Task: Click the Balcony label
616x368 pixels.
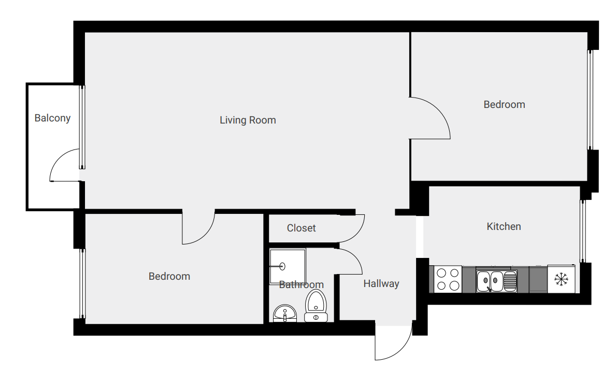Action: pyautogui.click(x=52, y=118)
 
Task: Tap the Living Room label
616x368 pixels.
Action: pyautogui.click(x=248, y=120)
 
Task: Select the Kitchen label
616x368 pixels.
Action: pyautogui.click(x=504, y=226)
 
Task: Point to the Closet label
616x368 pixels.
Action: pyautogui.click(x=302, y=228)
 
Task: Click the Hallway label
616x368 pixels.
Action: pyautogui.click(x=381, y=283)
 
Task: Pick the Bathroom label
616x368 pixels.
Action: pyautogui.click(x=302, y=284)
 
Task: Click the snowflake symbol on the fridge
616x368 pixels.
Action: pyautogui.click(x=562, y=279)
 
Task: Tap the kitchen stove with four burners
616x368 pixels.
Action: pyautogui.click(x=448, y=279)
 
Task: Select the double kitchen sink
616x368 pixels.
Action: pyautogui.click(x=496, y=281)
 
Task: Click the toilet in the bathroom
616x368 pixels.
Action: pyautogui.click(x=316, y=306)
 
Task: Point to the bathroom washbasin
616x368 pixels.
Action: pyautogui.click(x=285, y=314)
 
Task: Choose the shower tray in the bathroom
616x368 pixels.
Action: pyautogui.click(x=288, y=266)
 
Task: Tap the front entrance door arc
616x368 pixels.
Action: pyautogui.click(x=402, y=349)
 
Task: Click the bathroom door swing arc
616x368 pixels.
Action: pyautogui.click(x=355, y=256)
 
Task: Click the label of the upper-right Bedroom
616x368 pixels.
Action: pyautogui.click(x=504, y=104)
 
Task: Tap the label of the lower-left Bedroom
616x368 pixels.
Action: pyautogui.click(x=169, y=276)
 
